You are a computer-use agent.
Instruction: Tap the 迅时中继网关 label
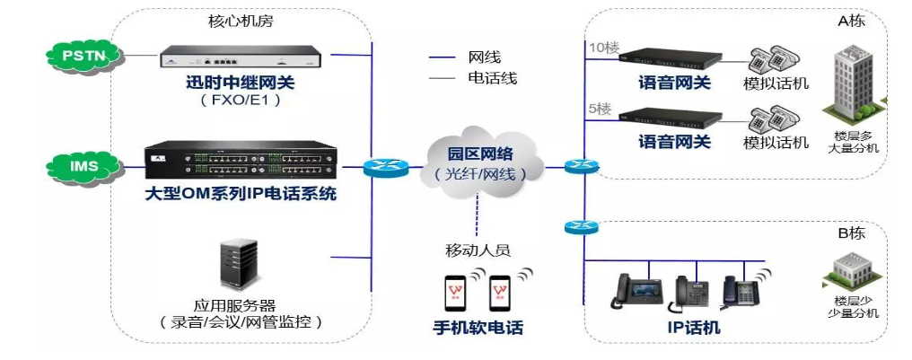click(240, 83)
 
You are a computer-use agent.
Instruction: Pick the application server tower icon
click(241, 265)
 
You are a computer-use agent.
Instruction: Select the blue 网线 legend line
click(442, 57)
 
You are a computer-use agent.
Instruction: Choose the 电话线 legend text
click(493, 78)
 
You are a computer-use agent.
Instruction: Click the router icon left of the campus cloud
click(381, 166)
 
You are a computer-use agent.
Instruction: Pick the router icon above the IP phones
click(581, 226)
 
